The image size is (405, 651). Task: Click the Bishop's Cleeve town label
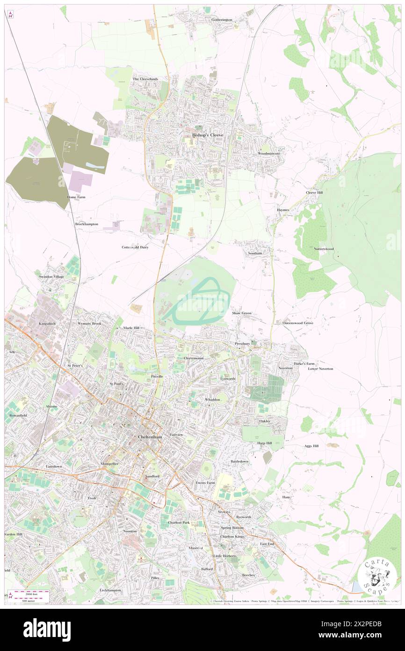(x=208, y=135)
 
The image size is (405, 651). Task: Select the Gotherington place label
(x=222, y=20)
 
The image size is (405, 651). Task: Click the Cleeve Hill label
(x=314, y=192)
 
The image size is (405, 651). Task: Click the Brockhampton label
(x=87, y=224)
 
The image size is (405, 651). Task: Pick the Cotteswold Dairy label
(x=135, y=247)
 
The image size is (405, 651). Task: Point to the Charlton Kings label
(x=232, y=536)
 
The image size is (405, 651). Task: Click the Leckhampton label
(x=110, y=590)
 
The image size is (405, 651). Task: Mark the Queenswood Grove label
(x=298, y=323)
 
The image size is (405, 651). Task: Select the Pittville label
(x=157, y=376)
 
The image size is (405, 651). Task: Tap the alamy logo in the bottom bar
(x=47, y=629)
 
